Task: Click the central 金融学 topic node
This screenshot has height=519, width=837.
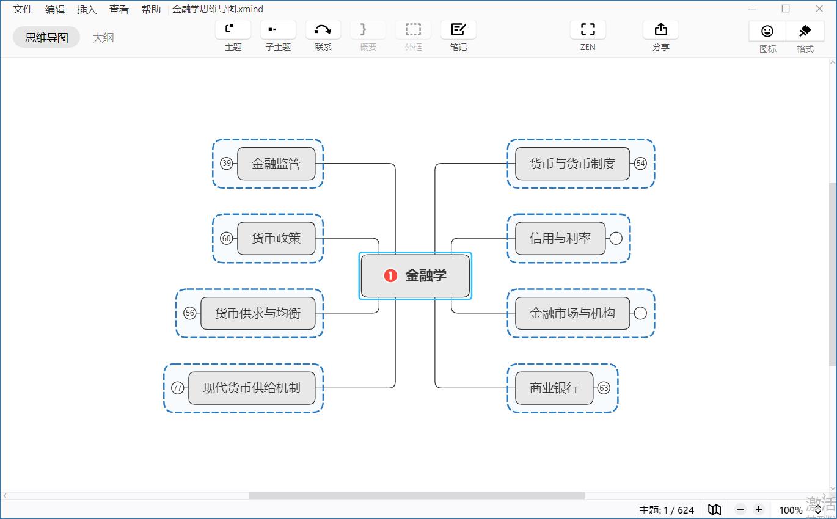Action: tap(415, 275)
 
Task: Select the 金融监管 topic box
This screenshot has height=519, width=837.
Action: tap(276, 164)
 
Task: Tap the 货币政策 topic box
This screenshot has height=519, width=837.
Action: tap(276, 238)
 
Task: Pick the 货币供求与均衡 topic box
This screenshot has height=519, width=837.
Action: tap(258, 313)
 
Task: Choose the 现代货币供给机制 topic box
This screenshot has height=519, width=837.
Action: tap(252, 388)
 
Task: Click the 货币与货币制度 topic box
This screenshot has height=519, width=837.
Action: tap(572, 164)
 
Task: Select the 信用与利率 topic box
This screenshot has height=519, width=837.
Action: tap(560, 238)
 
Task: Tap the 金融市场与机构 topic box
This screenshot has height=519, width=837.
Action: tap(572, 313)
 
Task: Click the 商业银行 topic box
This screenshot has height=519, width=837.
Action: tap(554, 388)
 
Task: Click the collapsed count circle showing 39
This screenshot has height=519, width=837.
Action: tap(227, 164)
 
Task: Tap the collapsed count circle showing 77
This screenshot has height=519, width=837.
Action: tap(178, 388)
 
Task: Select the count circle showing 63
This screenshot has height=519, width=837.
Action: tap(604, 388)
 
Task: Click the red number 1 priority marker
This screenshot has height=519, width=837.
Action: tap(390, 275)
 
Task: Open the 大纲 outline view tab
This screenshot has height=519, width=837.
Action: tap(103, 37)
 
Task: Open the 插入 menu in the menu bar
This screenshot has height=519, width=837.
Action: tap(87, 9)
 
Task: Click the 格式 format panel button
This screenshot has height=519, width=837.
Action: tap(805, 37)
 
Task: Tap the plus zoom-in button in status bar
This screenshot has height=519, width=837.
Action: tap(759, 509)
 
